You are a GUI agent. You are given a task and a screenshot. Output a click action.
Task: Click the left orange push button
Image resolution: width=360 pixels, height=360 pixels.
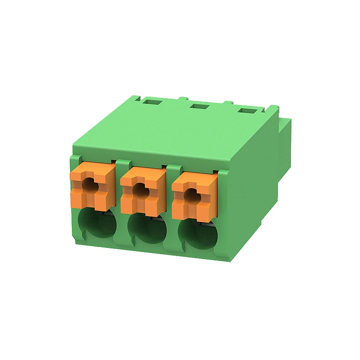[x=93, y=187]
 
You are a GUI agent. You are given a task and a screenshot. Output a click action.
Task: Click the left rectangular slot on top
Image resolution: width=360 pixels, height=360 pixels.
[x=151, y=102]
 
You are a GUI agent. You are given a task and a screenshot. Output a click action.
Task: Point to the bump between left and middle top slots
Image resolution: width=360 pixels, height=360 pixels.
[x=183, y=98]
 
